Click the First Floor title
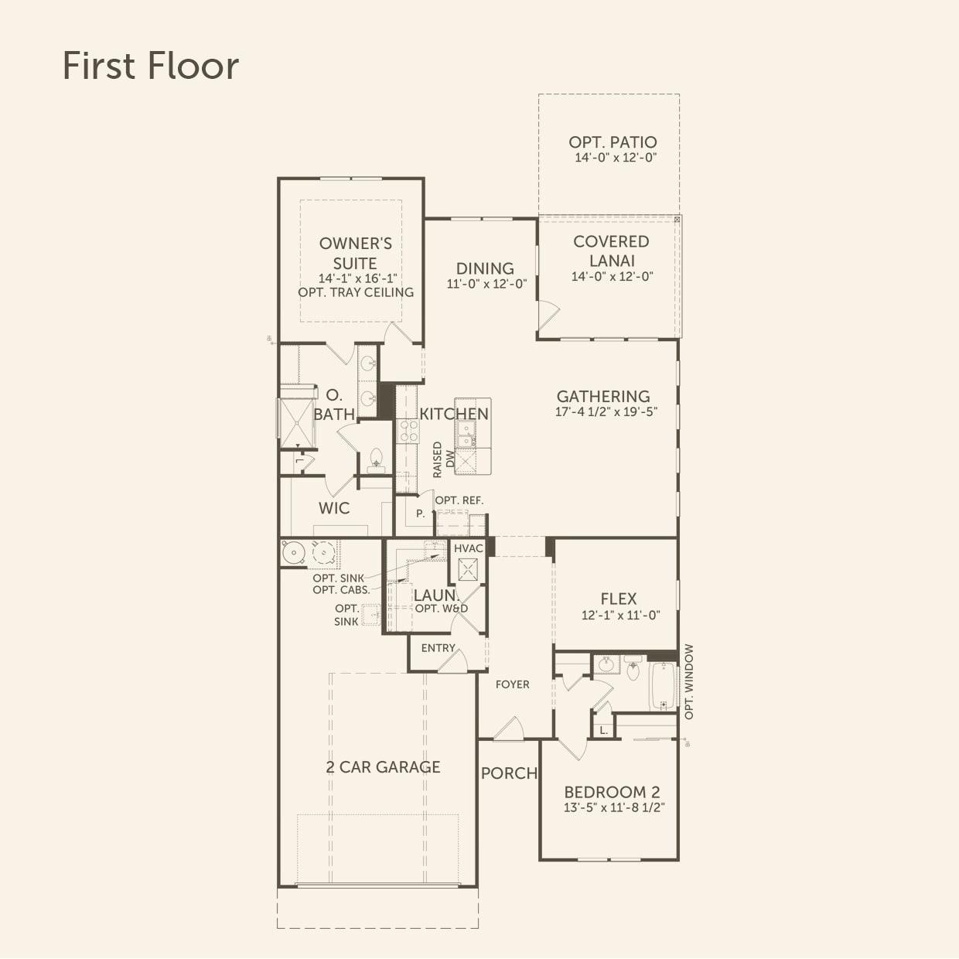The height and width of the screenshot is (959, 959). (150, 66)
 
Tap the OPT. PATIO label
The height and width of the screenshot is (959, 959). (613, 142)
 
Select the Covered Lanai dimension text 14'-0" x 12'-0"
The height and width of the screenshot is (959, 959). (612, 277)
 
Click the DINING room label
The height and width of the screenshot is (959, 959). (485, 268)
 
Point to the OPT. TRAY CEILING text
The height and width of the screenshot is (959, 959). (356, 292)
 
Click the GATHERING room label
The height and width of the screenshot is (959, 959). (603, 396)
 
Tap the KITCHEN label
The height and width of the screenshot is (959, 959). (454, 414)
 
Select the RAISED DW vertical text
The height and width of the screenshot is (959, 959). (443, 459)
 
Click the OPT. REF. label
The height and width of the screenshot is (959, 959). (459, 500)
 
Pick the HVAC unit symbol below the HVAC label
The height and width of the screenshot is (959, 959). (468, 570)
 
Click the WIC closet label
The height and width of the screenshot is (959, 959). (334, 508)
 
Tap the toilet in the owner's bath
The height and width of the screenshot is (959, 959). (377, 459)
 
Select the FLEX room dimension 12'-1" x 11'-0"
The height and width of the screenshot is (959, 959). (620, 616)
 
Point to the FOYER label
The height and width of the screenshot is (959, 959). (513, 684)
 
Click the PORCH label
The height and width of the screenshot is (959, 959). (509, 773)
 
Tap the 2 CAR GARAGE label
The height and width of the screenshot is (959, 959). (383, 767)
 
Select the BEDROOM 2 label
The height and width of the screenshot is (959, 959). (612, 792)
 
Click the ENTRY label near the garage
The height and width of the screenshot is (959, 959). (438, 648)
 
